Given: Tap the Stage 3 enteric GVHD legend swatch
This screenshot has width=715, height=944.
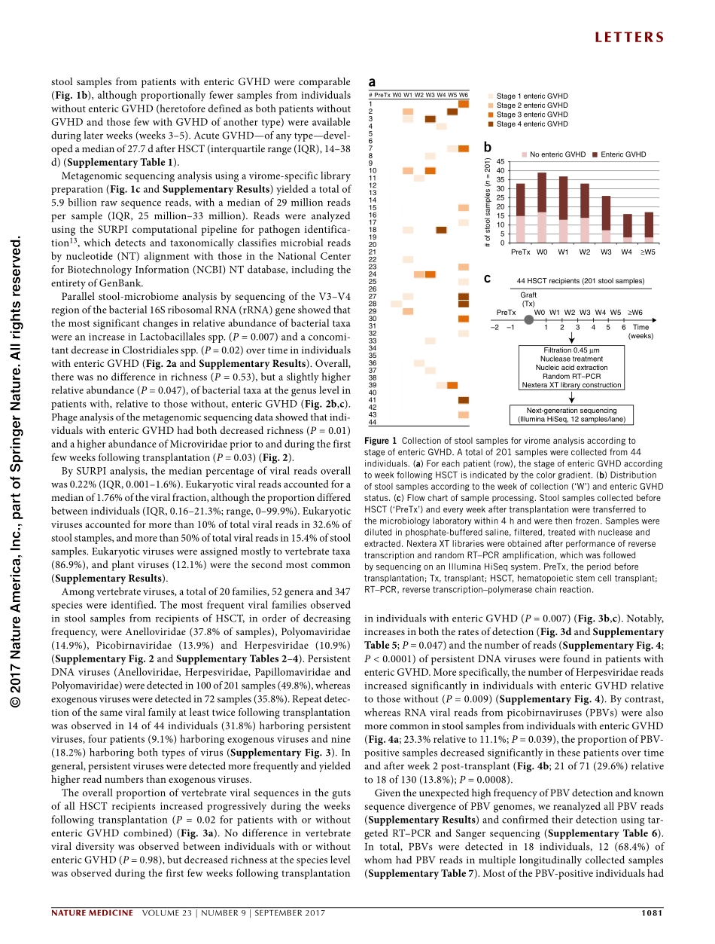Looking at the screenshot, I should [x=491, y=115].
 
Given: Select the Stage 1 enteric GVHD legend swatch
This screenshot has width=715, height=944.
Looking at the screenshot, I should [x=491, y=96].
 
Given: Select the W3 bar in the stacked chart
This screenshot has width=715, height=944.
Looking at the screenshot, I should [x=606, y=218].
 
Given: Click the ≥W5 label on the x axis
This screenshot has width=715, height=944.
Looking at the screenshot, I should [x=648, y=251].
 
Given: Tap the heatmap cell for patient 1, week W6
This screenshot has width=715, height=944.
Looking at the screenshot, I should [x=464, y=104].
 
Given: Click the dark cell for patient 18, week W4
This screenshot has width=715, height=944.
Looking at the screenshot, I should [x=441, y=230].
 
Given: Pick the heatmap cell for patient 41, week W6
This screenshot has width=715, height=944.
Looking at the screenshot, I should [x=464, y=400].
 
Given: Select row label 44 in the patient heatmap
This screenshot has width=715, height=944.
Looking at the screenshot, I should [x=372, y=422].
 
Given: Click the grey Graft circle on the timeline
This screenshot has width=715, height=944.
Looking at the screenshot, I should [x=528, y=319].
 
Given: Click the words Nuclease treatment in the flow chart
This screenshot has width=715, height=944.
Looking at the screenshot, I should [x=572, y=359].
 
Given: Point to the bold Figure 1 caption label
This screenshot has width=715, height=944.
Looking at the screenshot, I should [x=380, y=441].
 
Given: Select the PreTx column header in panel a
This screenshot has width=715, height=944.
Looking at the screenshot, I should [x=382, y=95].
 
